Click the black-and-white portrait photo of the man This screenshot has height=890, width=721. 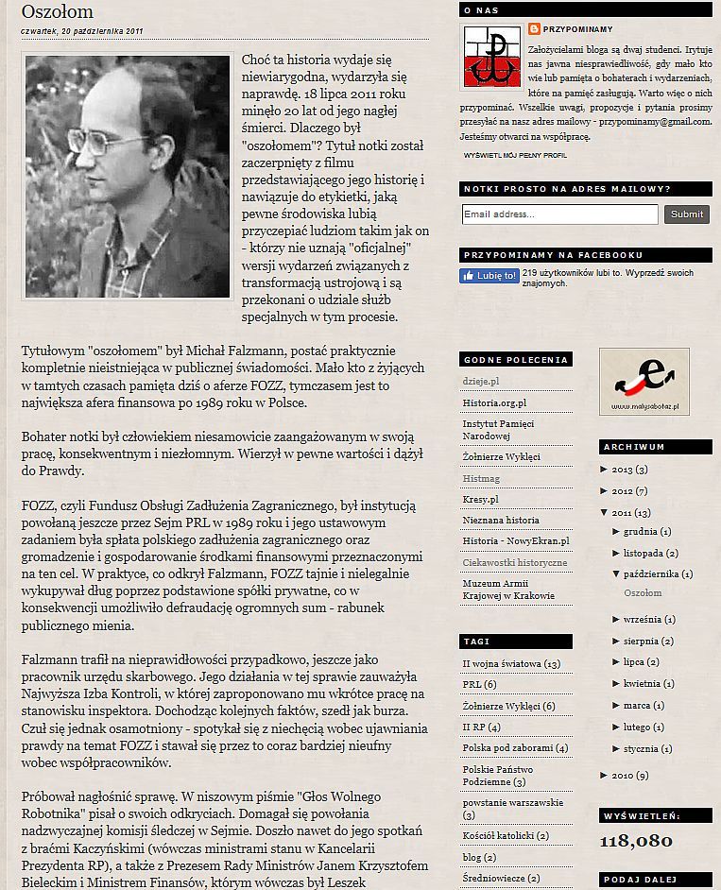pos(128,177)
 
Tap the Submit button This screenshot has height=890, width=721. pos(687,214)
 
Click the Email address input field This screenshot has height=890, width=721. pos(559,214)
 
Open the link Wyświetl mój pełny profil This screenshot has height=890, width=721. pos(515,154)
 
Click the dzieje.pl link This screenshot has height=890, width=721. pos(481,380)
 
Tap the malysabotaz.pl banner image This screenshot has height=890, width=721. pos(644,381)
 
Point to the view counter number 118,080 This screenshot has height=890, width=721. pos(635,841)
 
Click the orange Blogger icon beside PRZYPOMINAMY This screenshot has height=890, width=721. pos(535,28)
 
